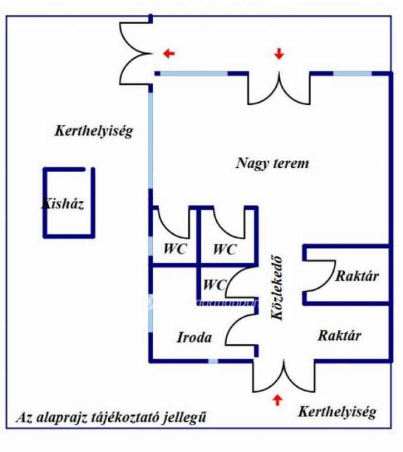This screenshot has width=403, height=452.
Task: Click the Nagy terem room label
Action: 273,163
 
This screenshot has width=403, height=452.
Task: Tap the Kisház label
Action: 62,204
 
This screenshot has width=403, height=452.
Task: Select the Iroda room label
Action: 195,337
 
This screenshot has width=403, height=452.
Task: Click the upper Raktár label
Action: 357,275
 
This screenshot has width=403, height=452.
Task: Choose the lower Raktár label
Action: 340,336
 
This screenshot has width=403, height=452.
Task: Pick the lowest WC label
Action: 214,285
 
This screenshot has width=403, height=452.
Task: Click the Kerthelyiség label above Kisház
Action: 93,131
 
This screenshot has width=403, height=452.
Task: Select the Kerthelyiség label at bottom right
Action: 337,412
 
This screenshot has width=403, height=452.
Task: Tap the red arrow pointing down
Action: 279,54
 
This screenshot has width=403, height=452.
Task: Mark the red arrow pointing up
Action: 276,400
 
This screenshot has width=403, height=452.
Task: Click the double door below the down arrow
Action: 279,87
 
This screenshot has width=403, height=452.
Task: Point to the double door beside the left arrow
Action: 134,53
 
